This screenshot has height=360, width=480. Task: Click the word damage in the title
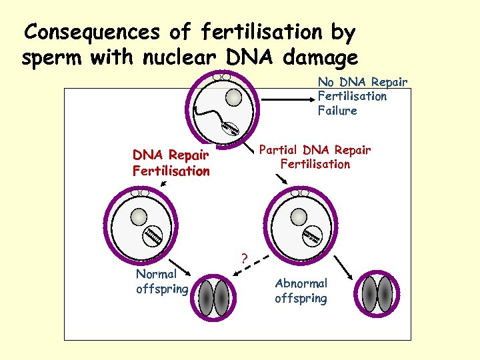click(x=321, y=59)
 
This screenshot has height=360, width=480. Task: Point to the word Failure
click(x=337, y=111)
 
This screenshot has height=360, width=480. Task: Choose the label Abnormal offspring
click(x=301, y=291)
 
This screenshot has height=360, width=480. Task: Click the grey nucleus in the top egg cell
click(x=233, y=98)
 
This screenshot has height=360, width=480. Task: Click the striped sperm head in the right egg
click(x=313, y=236)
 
